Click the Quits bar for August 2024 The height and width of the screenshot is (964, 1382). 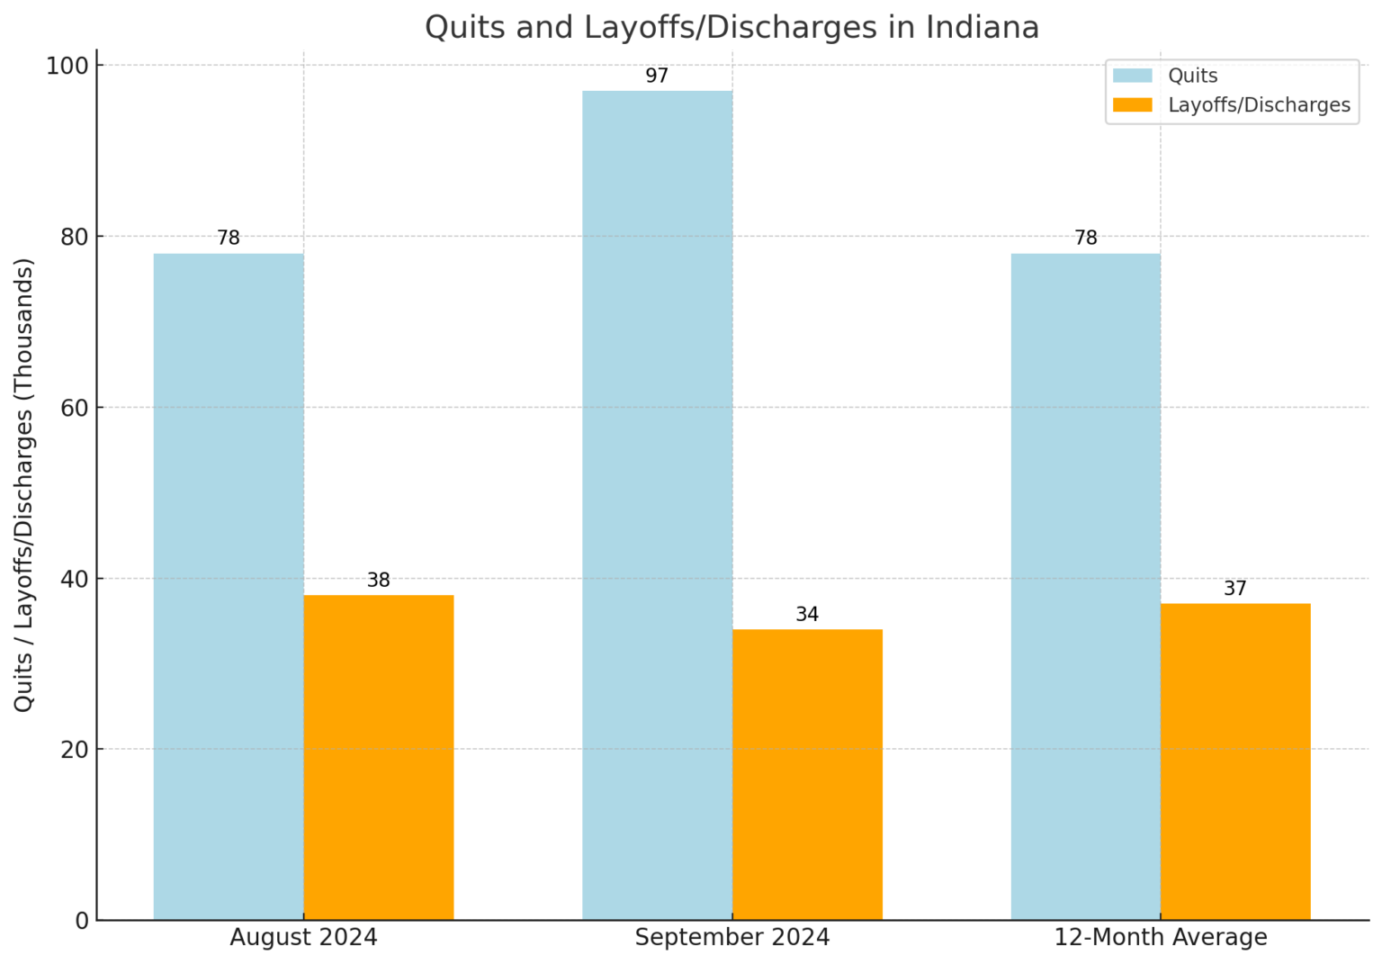(x=229, y=585)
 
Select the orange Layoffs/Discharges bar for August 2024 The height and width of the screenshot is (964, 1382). (x=378, y=756)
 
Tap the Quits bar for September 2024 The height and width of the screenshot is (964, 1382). (x=657, y=504)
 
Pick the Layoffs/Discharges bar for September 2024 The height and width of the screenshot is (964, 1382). (x=807, y=774)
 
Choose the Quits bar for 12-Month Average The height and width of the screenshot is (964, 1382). (x=1085, y=585)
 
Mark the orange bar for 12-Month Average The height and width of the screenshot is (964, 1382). (x=1235, y=761)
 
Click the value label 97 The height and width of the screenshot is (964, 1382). (x=657, y=77)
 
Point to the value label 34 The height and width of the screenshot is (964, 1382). (x=807, y=615)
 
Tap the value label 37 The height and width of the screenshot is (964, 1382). (x=1235, y=589)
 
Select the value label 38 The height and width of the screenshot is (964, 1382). (x=378, y=581)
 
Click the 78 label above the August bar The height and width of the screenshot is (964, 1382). (x=229, y=239)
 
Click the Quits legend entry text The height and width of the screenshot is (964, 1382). (x=1192, y=76)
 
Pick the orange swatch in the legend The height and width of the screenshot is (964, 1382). (x=1132, y=105)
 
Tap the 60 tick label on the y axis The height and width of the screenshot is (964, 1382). (x=75, y=408)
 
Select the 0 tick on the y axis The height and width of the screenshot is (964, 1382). (x=83, y=921)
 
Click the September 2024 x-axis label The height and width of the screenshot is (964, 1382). (x=732, y=938)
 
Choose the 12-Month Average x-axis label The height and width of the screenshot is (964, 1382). (x=1161, y=938)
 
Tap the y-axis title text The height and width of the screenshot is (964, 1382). (x=23, y=484)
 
